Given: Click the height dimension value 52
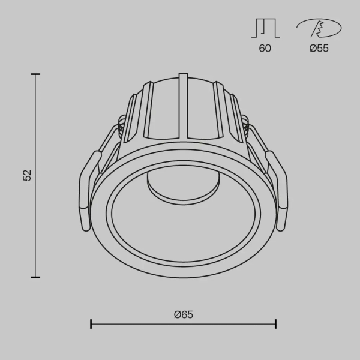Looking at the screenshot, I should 26,175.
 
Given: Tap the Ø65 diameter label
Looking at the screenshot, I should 184,314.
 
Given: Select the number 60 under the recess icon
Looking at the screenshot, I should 265,49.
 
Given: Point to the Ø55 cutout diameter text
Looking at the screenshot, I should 319,49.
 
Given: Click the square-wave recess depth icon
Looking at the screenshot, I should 265,28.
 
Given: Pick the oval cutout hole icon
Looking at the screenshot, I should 318,28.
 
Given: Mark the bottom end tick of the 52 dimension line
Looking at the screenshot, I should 35,277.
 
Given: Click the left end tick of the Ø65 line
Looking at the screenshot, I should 91,324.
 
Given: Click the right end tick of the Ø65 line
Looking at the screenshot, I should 275,324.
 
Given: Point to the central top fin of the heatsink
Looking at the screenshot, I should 183,102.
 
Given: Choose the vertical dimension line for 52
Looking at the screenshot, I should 35,228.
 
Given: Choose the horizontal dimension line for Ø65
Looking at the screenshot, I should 138,324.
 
